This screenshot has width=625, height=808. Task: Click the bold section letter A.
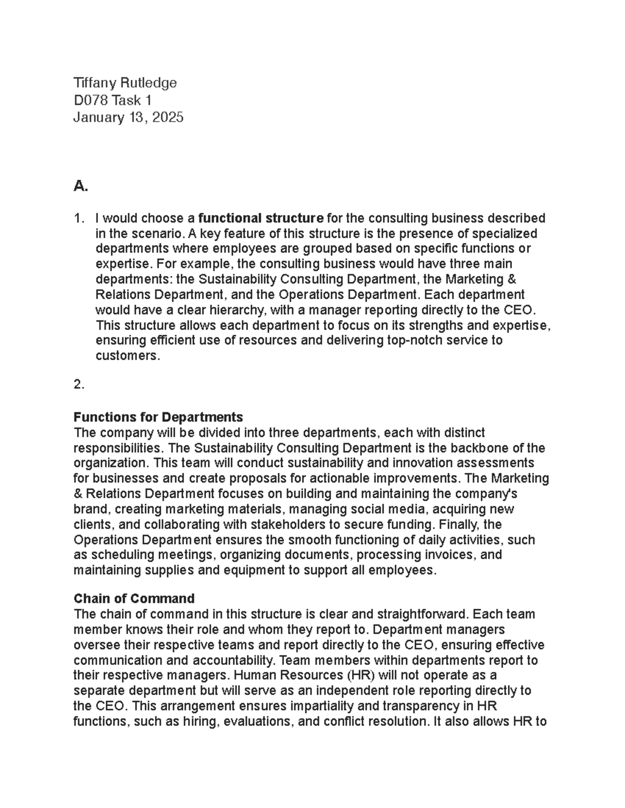80,186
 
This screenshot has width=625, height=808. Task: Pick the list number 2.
79,384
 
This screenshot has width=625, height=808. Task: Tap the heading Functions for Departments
158,417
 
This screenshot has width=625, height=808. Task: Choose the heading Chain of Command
134,598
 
